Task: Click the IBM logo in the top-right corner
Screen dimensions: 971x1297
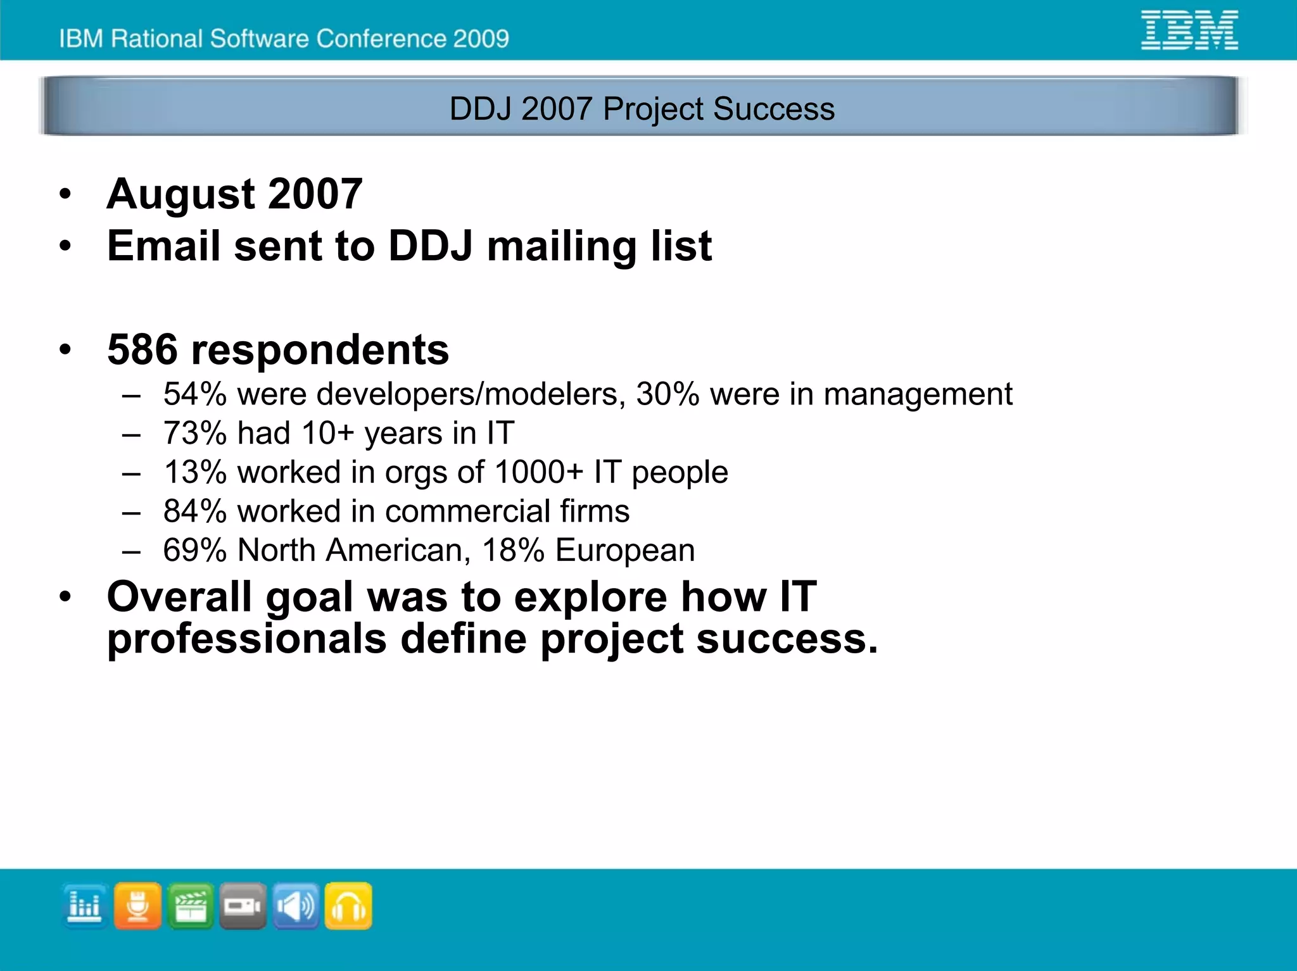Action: coord(1189,30)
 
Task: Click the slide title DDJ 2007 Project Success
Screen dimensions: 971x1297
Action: coord(642,108)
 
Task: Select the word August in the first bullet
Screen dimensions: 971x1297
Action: coord(180,194)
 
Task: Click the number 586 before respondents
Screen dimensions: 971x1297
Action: coord(142,349)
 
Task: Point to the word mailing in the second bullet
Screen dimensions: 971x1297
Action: coord(562,246)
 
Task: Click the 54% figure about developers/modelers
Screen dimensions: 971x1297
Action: coord(194,394)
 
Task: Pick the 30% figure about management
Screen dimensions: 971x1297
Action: coord(667,394)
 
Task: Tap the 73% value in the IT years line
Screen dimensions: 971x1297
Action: coord(194,434)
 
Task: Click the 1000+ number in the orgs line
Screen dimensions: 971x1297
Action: coord(538,472)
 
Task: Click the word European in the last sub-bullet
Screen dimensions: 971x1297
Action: coord(625,550)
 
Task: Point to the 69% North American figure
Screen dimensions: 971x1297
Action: coord(194,550)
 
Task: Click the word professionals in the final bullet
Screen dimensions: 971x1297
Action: coord(246,639)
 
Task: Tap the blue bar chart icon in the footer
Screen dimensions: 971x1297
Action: coord(85,906)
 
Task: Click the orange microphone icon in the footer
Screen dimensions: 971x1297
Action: coord(137,906)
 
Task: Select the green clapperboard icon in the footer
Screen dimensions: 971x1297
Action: coord(190,906)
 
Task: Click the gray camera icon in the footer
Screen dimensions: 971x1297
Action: coord(243,906)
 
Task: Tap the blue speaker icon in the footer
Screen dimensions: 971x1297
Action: coord(296,906)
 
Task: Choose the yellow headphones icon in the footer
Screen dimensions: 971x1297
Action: coord(348,906)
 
